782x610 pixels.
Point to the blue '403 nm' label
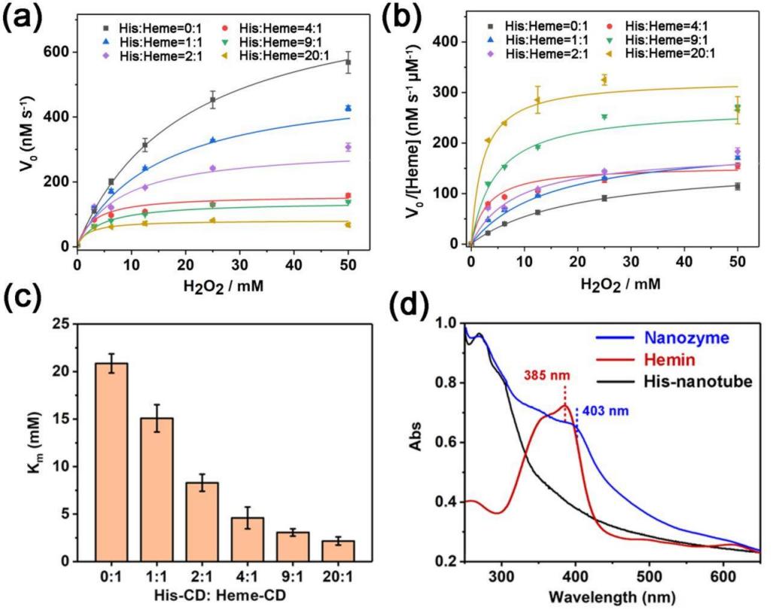[x=603, y=411]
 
